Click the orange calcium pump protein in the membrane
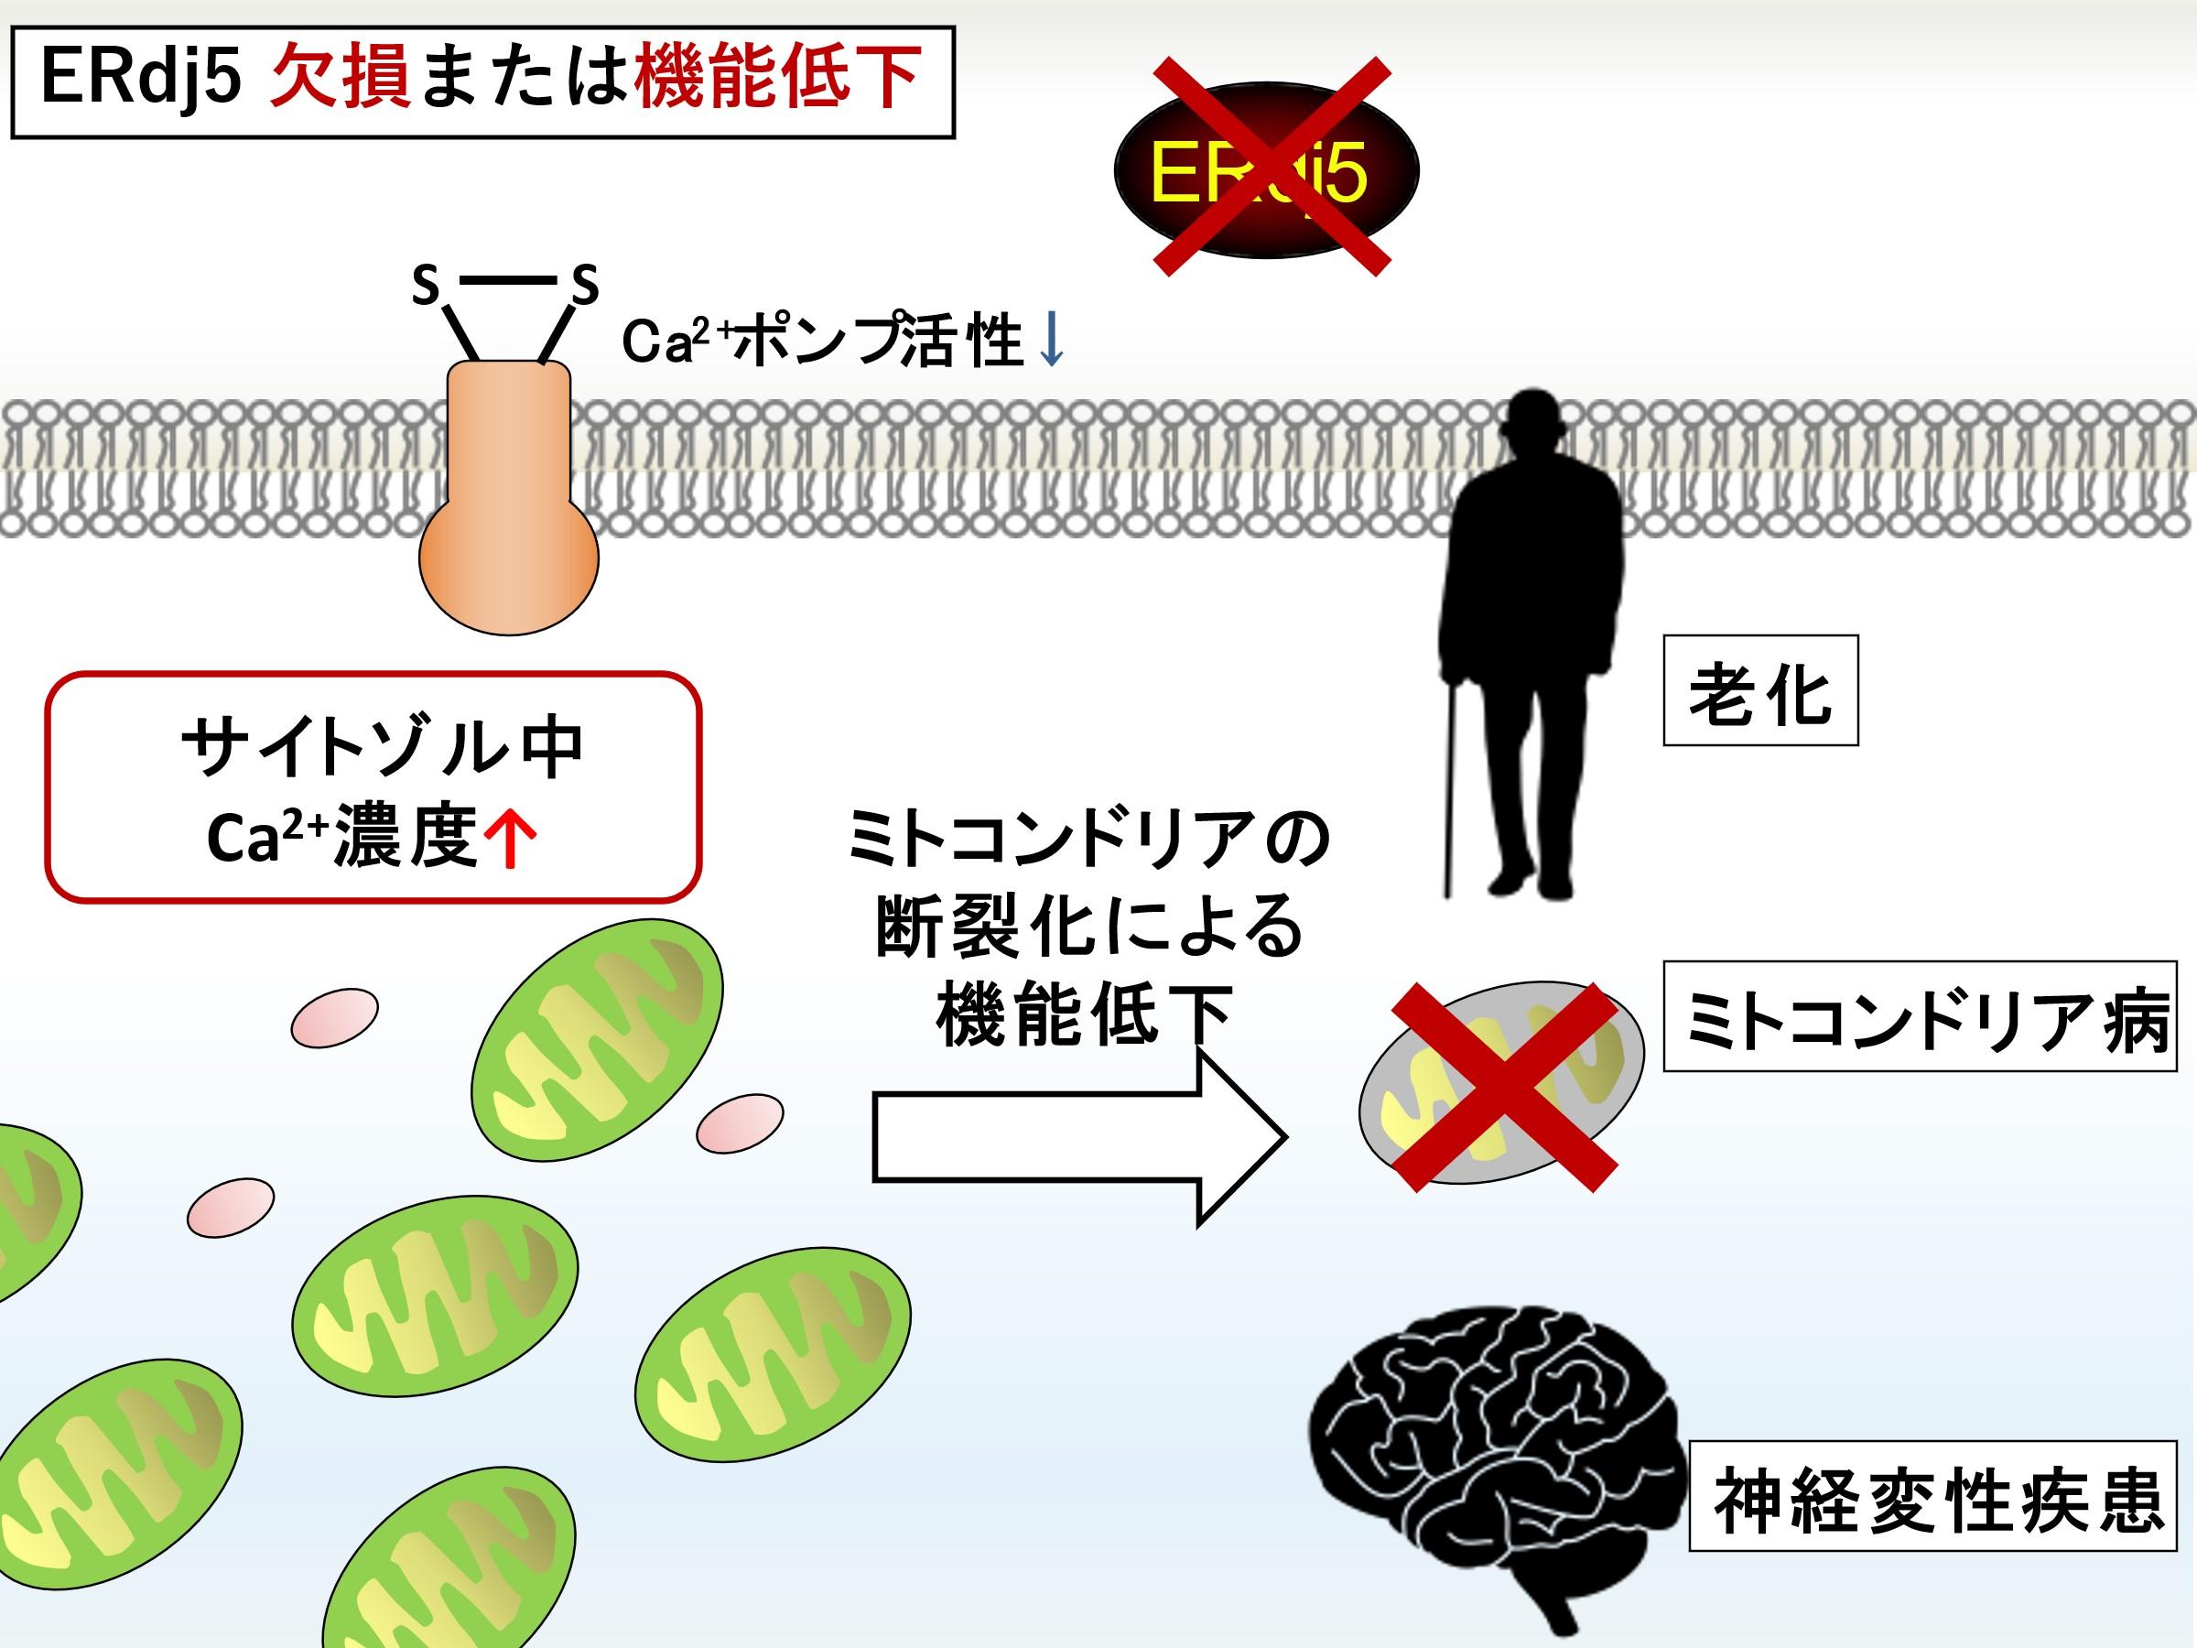(509, 496)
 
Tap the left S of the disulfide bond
(426, 286)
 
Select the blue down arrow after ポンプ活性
(1051, 342)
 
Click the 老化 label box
(1760, 690)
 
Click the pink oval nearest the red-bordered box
(335, 1017)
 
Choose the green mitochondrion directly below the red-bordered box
(596, 1038)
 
